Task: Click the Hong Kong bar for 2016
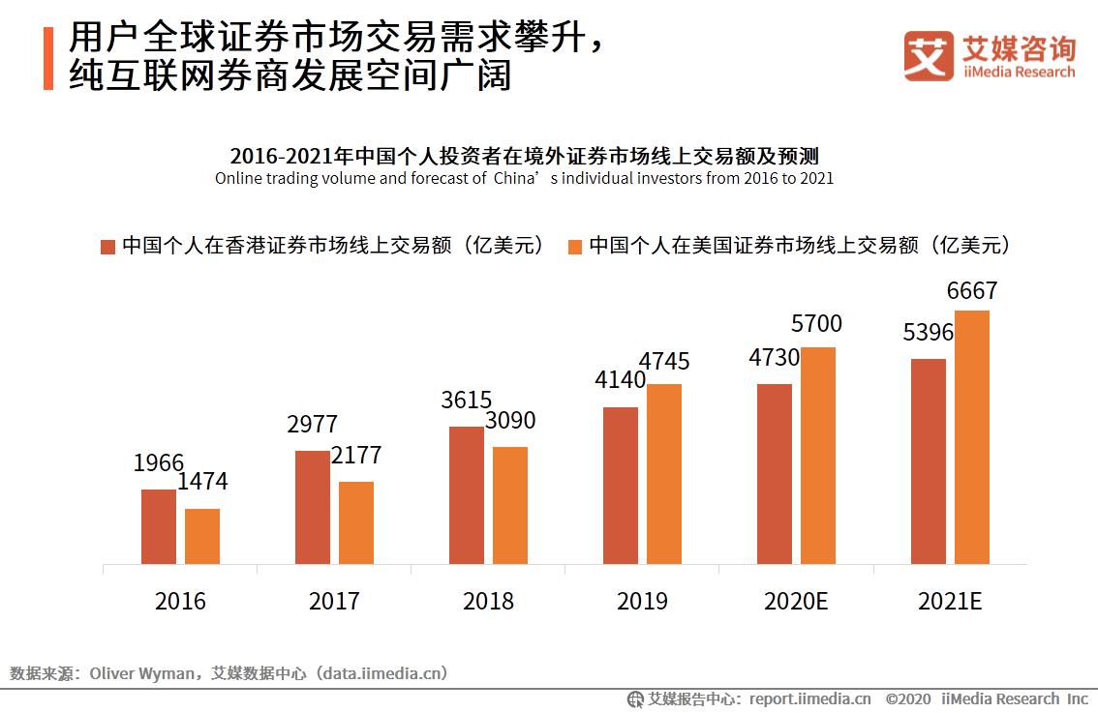[159, 526]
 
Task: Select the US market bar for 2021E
[972, 437]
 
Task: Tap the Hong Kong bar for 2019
[621, 486]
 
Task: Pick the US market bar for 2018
[510, 505]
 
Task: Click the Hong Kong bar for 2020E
[775, 474]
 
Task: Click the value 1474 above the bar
[202, 482]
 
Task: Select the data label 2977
[312, 424]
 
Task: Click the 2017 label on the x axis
[334, 601]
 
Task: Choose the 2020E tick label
[796, 601]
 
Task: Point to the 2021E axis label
[950, 601]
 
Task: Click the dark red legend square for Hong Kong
[107, 246]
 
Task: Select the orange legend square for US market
[574, 246]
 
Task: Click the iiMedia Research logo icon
[929, 56]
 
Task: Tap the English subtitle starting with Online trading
[524, 178]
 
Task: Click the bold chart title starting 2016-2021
[524, 156]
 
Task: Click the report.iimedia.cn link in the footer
[809, 698]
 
